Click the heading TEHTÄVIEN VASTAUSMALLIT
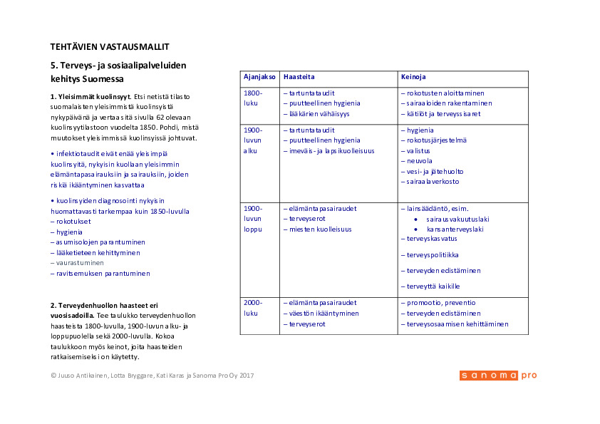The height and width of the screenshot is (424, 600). pyautogui.click(x=110, y=46)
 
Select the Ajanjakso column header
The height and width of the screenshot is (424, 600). pyautogui.click(x=260, y=76)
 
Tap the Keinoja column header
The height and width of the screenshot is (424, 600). pyautogui.click(x=413, y=76)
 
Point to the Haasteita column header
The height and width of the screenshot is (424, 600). pyautogui.click(x=299, y=76)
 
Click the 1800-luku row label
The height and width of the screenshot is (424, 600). pyautogui.click(x=253, y=98)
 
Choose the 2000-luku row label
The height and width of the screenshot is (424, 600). pyautogui.click(x=253, y=308)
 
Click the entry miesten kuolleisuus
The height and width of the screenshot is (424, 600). pyautogui.click(x=320, y=229)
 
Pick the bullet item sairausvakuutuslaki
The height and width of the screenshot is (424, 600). pyautogui.click(x=457, y=219)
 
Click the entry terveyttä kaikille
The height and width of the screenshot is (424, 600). pyautogui.click(x=433, y=286)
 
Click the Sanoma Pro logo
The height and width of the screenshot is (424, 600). pyautogui.click(x=498, y=376)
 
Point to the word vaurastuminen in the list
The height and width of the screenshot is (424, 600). pyautogui.click(x=76, y=263)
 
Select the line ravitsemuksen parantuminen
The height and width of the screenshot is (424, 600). pyautogui.click(x=100, y=274)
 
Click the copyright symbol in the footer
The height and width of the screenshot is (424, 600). pyautogui.click(x=53, y=376)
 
